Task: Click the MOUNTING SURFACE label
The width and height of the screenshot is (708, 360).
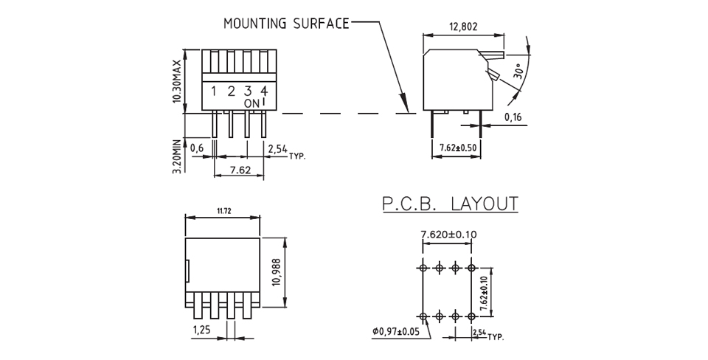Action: tap(286, 24)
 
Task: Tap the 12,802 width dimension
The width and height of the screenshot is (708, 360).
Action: tap(463, 27)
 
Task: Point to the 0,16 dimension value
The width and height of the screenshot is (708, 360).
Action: tap(513, 117)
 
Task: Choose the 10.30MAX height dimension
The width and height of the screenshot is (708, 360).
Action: tap(178, 81)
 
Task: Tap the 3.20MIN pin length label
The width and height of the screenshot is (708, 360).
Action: tap(177, 156)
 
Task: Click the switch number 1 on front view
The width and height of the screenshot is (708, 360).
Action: tap(214, 91)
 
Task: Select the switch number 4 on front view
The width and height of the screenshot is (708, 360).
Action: tap(265, 91)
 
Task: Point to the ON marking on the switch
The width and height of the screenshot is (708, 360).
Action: tap(251, 103)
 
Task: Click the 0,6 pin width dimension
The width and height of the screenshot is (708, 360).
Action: tap(197, 148)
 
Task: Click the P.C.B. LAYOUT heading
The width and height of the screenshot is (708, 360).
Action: tap(450, 204)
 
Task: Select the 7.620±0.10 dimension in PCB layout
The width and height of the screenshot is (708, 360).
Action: tap(448, 234)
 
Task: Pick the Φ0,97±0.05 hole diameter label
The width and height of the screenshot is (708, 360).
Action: tap(395, 331)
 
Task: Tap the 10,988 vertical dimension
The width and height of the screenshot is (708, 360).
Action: tap(277, 272)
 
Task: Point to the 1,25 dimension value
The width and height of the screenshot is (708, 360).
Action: tap(202, 330)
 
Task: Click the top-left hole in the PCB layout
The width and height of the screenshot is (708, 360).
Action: tap(423, 268)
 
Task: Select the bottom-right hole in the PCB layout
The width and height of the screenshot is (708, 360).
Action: tap(471, 316)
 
